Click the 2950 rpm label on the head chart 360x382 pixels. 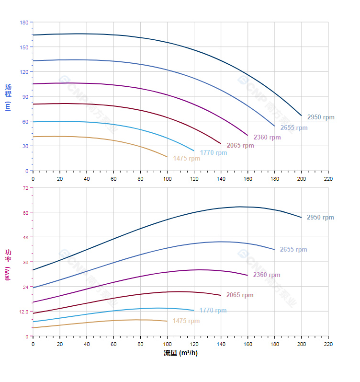(x=321, y=117)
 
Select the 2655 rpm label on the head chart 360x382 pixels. (x=294, y=128)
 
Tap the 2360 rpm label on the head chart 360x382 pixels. (x=267, y=138)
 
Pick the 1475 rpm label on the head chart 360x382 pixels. (x=187, y=159)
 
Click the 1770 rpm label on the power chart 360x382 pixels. (x=213, y=311)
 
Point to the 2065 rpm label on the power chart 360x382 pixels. (x=240, y=295)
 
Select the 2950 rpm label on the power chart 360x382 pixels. (x=321, y=218)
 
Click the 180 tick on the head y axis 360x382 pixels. (x=24, y=23)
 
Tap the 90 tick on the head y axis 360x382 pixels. (x=25, y=96)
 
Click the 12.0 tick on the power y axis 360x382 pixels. (x=23, y=312)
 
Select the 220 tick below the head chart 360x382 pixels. (x=328, y=179)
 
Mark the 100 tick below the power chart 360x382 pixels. (x=167, y=345)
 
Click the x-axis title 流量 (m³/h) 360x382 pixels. (x=180, y=353)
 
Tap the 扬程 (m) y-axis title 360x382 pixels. (x=8, y=97)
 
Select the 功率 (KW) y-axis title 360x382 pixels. (x=8, y=265)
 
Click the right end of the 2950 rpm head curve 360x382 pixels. (x=301, y=116)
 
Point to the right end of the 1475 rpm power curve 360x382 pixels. (x=167, y=321)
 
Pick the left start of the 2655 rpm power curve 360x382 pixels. (x=33, y=288)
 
